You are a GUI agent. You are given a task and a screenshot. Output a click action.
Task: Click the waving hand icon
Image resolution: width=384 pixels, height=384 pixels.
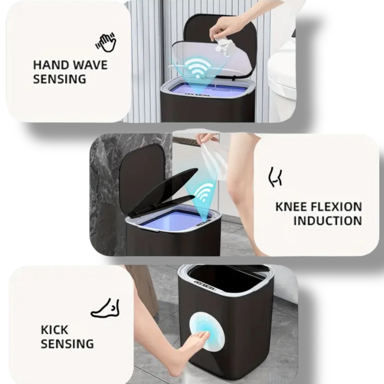(106, 42)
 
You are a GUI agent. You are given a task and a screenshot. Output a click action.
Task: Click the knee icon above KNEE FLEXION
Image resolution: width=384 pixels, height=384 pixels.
(275, 177)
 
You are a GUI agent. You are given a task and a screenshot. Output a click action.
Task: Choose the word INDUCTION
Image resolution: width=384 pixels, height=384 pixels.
(328, 221)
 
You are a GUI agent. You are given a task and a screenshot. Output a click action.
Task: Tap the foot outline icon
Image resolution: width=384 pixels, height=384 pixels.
(105, 308)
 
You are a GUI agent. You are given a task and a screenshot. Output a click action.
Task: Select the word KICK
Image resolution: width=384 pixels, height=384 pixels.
(54, 330)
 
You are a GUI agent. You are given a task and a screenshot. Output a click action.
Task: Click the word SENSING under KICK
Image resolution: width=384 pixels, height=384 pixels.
(67, 344)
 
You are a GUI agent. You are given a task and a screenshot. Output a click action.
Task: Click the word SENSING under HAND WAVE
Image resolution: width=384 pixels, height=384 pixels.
(60, 79)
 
